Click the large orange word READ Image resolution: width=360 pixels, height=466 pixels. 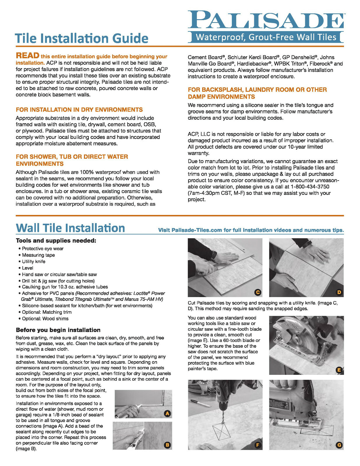point(27,56)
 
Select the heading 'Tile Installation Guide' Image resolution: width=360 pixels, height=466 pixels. point(82,38)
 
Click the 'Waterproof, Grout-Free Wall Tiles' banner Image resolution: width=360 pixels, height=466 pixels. point(266,37)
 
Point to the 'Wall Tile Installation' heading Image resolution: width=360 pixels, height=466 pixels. point(70,228)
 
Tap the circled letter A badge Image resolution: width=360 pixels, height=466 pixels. point(167,414)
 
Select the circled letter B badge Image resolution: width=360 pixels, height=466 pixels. point(167,445)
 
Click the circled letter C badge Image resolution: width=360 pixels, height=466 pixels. point(257,292)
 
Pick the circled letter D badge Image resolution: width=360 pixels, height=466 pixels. point(339,292)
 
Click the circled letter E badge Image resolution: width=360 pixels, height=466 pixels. point(339,370)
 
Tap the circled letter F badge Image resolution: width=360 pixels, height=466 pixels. point(257,445)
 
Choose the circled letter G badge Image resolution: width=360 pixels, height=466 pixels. point(339,445)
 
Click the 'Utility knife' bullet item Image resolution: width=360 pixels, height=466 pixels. point(34,262)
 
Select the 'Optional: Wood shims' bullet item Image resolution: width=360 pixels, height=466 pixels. point(45,319)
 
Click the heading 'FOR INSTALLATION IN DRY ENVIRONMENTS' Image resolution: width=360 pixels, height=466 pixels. point(79,110)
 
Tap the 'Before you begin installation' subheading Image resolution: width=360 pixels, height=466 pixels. point(58,330)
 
